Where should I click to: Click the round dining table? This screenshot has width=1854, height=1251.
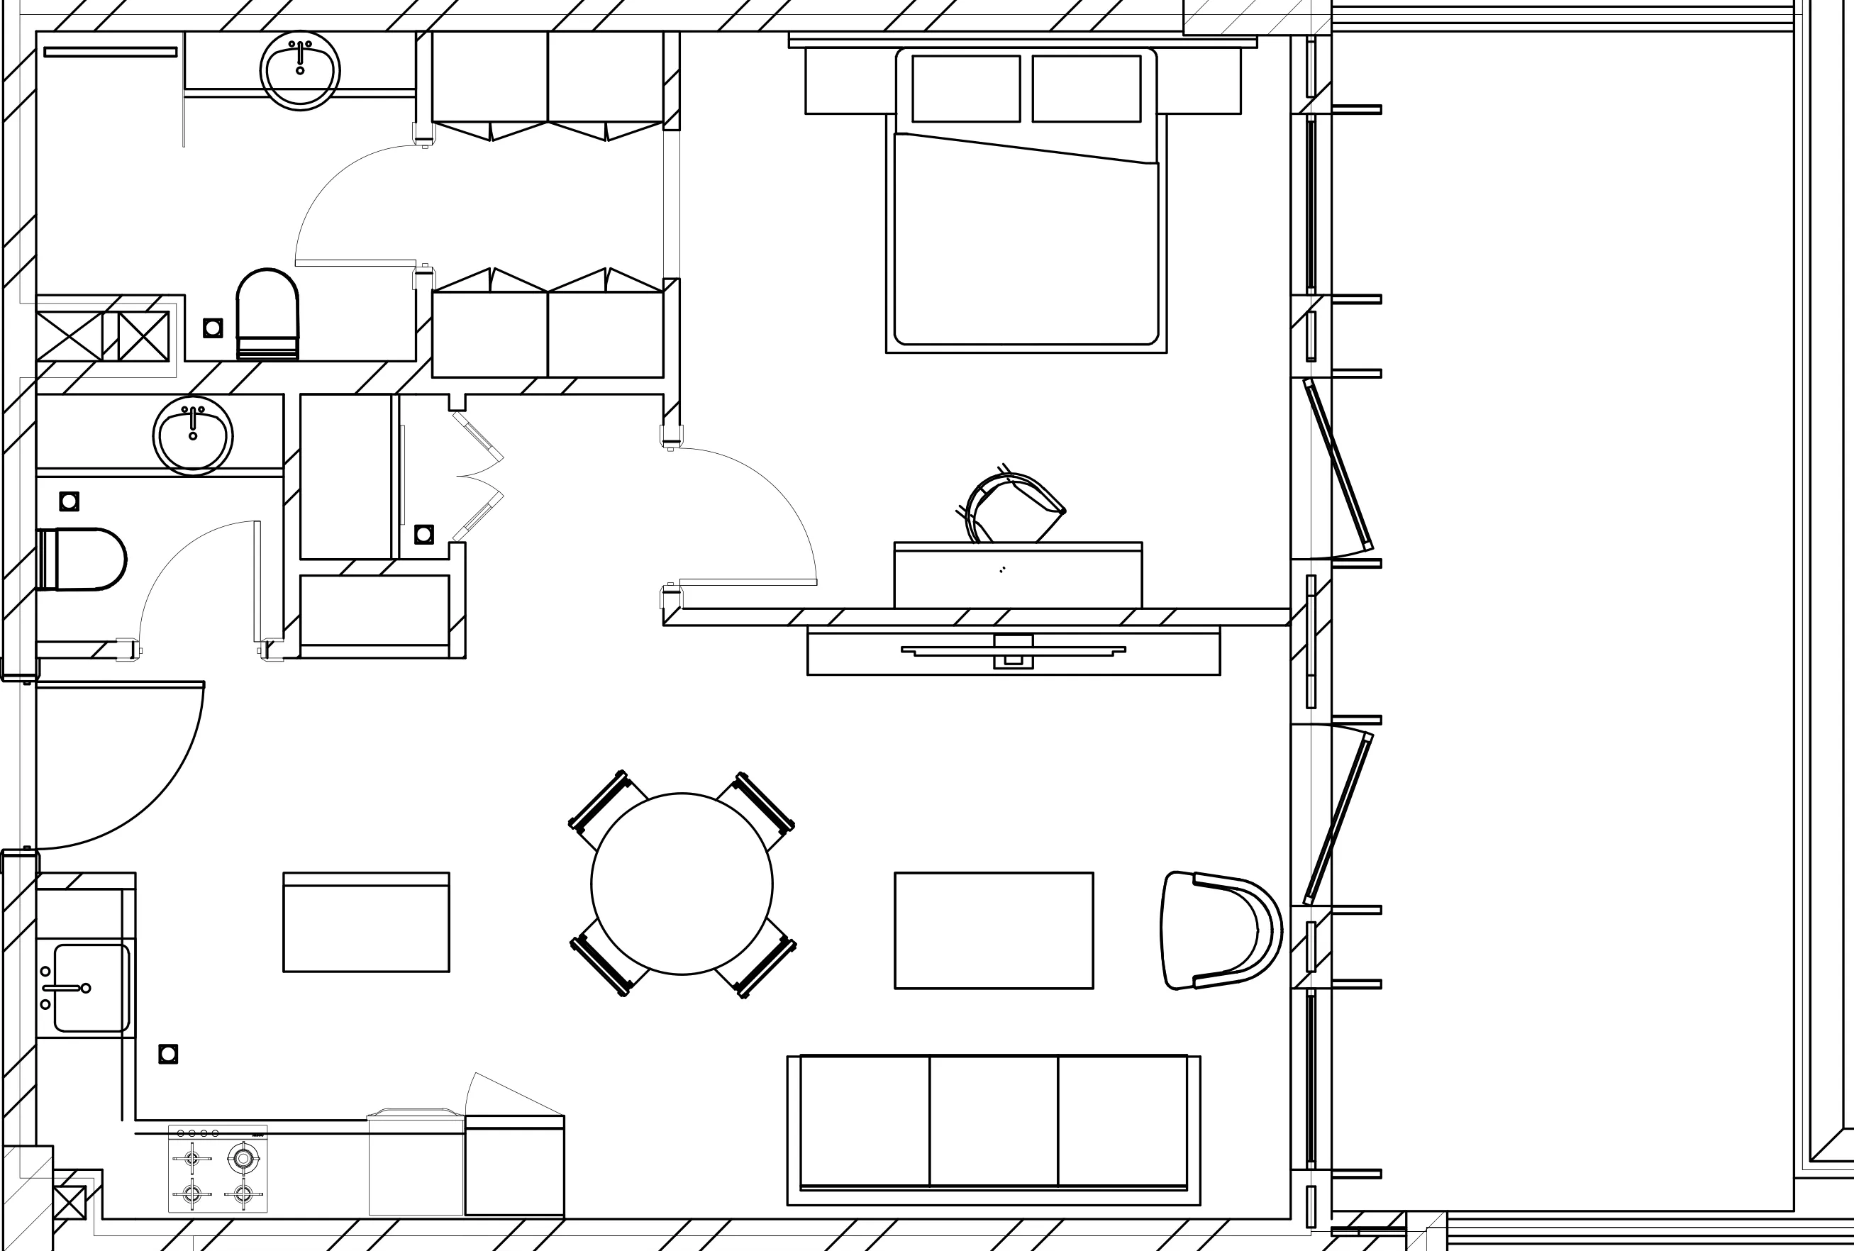(x=682, y=883)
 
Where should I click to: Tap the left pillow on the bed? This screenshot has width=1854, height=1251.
(x=965, y=89)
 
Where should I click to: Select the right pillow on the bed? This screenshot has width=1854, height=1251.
(x=1086, y=89)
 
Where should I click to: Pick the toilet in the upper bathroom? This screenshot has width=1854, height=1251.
(x=267, y=315)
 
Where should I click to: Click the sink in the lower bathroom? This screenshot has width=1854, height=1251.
(x=192, y=436)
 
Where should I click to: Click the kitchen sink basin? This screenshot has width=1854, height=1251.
(x=91, y=988)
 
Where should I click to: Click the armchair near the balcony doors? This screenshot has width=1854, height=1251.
(x=1216, y=930)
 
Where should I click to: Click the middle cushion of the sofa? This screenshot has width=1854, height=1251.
(x=993, y=1121)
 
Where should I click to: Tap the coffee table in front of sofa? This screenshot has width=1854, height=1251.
(x=993, y=930)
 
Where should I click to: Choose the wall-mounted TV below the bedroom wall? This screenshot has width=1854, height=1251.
(x=1013, y=651)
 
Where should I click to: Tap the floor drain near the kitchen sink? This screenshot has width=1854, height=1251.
(x=167, y=1054)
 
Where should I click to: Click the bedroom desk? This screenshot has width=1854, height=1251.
(x=1017, y=576)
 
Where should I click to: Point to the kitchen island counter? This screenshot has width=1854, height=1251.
(x=366, y=922)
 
